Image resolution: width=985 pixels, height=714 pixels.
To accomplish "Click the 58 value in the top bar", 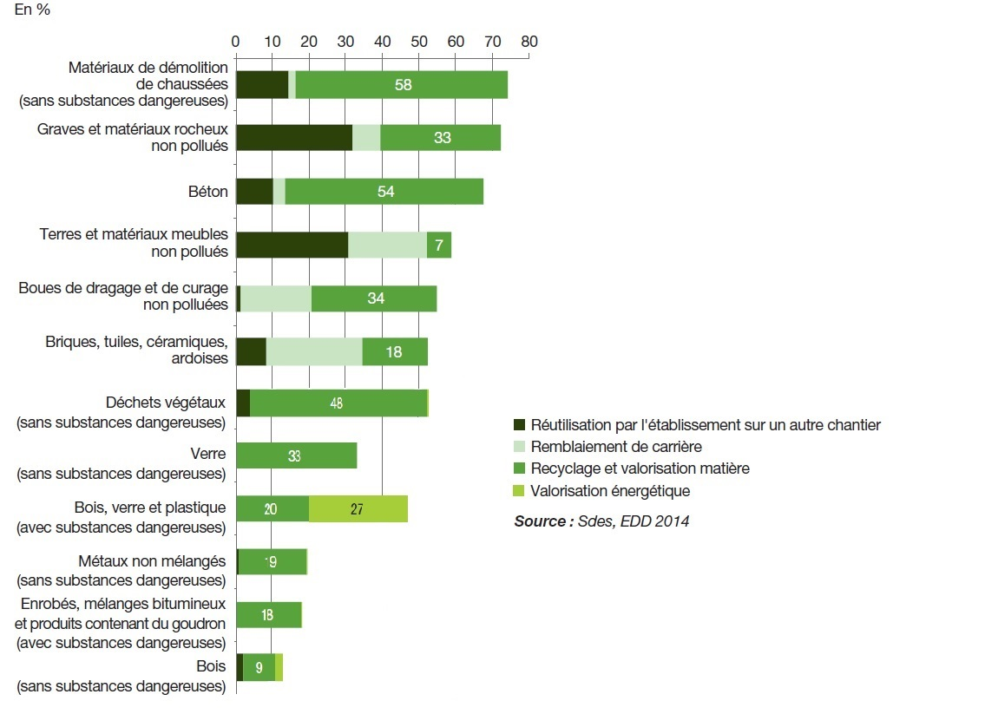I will click(402, 85).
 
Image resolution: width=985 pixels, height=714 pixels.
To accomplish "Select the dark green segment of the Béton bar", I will click(254, 192).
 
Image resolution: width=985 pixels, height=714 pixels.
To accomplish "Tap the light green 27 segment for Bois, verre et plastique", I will click(358, 508).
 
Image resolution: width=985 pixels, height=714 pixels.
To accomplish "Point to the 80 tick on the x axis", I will click(529, 41).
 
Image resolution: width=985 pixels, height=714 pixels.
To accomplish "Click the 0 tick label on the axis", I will click(235, 41).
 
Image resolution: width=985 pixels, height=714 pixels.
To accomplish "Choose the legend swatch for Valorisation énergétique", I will click(520, 491).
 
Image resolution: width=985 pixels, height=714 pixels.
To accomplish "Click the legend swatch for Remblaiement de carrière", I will click(520, 447).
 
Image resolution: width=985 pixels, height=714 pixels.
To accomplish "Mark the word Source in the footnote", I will click(541, 521).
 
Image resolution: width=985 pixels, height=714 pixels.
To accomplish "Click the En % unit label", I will click(32, 15).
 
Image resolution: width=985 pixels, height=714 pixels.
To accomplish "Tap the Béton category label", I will click(208, 192).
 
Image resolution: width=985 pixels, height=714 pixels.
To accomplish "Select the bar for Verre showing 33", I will click(296, 455).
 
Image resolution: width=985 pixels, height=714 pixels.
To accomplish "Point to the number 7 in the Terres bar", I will click(439, 246).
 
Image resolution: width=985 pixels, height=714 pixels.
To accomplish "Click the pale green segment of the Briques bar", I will click(314, 351).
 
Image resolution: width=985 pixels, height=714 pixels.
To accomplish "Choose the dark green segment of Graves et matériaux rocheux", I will click(293, 138).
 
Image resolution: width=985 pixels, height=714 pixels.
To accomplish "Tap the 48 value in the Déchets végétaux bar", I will click(336, 403).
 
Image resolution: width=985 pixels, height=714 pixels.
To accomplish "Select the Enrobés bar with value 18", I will click(268, 615).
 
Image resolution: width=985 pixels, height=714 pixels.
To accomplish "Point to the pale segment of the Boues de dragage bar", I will click(275, 298).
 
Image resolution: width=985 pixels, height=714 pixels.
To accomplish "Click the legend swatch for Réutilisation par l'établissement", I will click(520, 425).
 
